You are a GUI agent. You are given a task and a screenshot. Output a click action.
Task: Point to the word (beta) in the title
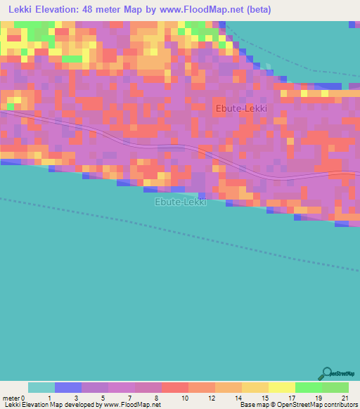click(x=257, y=11)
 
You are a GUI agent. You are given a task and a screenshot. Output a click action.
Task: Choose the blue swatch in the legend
click(x=68, y=387)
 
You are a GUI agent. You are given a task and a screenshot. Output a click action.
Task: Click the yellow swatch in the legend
click(x=282, y=387)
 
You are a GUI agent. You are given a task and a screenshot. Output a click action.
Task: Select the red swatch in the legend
click(x=175, y=387)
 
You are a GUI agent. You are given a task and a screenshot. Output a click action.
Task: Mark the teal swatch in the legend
click(x=41, y=387)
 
